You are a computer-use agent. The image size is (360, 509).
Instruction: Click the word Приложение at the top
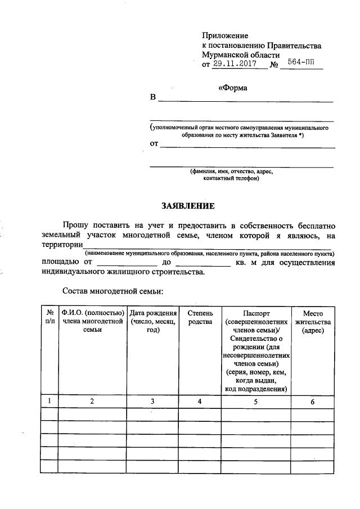225,35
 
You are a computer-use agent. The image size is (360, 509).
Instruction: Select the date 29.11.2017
235,64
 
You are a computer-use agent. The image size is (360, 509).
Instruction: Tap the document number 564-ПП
301,64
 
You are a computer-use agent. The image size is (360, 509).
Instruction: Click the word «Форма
232,88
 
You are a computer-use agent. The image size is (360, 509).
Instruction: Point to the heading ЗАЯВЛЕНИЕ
186,205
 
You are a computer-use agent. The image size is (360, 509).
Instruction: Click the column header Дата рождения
153,313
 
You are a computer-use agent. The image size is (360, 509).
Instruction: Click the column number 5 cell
256,402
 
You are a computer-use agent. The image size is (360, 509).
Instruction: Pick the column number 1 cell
49,402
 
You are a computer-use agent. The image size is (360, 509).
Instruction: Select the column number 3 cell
153,402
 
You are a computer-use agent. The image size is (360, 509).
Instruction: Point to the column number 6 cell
312,402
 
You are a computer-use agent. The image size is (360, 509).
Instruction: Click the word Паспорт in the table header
256,313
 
